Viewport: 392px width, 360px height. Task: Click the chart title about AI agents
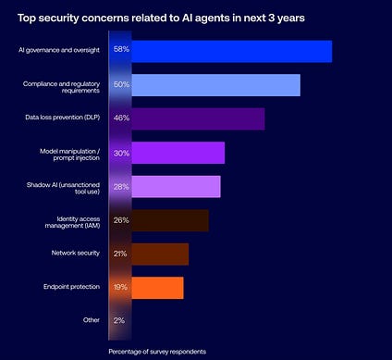(161, 19)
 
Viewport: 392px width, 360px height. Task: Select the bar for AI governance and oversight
(232, 51)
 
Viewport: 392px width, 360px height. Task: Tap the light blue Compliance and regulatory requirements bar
(215, 85)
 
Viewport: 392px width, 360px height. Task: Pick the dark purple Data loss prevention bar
(198, 118)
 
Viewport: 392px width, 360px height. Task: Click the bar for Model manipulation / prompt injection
(178, 153)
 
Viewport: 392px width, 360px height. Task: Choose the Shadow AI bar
(176, 186)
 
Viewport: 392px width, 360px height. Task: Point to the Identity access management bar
(170, 220)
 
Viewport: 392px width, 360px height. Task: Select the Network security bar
(160, 254)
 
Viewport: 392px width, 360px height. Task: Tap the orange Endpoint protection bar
(157, 288)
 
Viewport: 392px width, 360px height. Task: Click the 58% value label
(121, 49)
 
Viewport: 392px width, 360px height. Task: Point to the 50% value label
(121, 84)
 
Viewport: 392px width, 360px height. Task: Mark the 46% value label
(121, 118)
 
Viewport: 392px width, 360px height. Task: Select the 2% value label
(119, 320)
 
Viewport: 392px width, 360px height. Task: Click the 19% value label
(120, 287)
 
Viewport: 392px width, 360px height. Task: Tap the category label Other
(92, 320)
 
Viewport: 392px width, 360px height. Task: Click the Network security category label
(76, 253)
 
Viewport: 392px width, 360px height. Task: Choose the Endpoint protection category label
(71, 287)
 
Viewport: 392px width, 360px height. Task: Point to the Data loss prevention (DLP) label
(63, 118)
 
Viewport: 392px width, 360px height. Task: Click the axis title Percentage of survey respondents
(157, 352)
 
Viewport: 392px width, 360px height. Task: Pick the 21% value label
(120, 254)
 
